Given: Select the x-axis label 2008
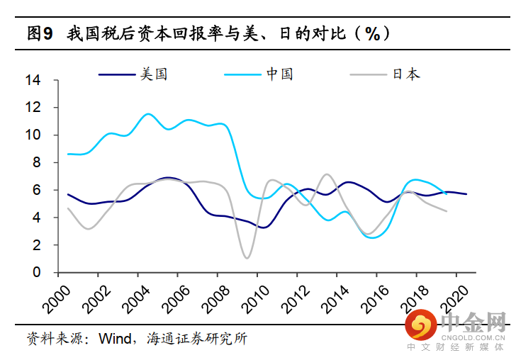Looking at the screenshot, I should click(220, 298).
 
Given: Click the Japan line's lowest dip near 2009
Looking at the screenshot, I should click(247, 258).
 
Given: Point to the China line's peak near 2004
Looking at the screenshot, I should click(147, 113).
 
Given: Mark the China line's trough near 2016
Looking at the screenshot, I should click(373, 237).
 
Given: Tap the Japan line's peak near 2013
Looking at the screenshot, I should click(326, 174).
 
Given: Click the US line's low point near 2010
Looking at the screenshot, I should click(263, 227).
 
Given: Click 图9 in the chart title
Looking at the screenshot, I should click(40, 33).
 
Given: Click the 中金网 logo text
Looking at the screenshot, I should click(473, 324).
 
